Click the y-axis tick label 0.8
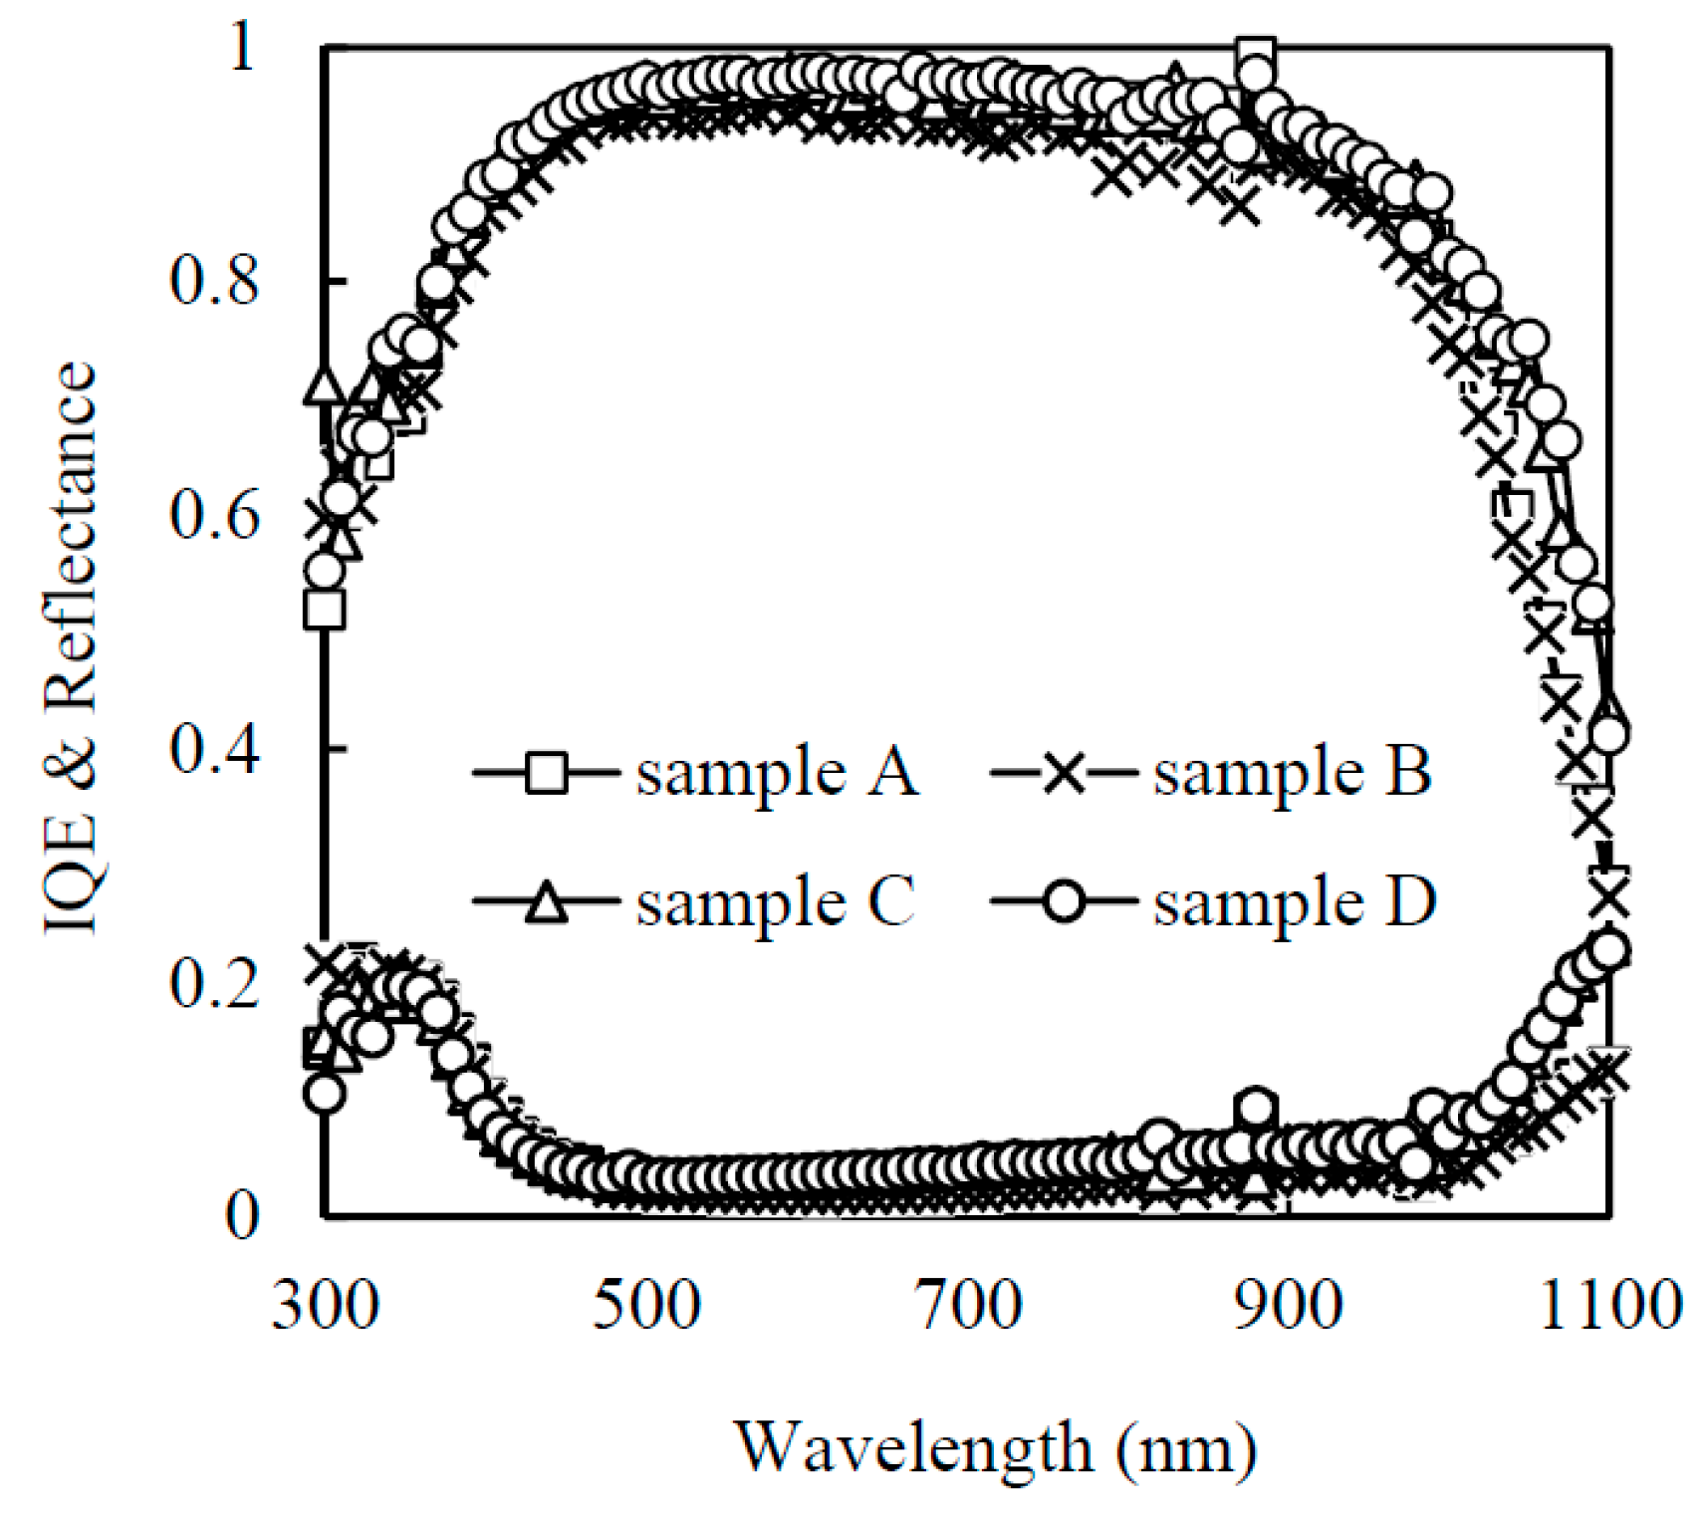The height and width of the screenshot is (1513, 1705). [x=213, y=280]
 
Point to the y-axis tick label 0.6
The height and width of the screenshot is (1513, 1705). [x=213, y=515]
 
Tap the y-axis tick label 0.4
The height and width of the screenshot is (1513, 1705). [x=213, y=749]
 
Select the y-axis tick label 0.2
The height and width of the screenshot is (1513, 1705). [x=213, y=983]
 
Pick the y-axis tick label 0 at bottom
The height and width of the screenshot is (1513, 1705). [x=241, y=1216]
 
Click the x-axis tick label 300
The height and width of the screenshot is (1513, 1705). [x=325, y=1306]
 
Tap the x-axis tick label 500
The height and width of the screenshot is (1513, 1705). [x=646, y=1306]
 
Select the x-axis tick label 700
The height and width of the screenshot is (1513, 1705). [x=968, y=1306]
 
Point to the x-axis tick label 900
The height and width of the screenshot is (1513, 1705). [x=1289, y=1306]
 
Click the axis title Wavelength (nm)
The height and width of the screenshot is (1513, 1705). [x=995, y=1448]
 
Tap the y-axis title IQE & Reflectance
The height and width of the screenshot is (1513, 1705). [x=72, y=647]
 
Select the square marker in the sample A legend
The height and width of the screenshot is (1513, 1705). [x=546, y=773]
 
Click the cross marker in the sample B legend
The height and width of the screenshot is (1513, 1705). [x=1064, y=773]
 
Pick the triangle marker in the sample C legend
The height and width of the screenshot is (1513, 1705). [x=546, y=902]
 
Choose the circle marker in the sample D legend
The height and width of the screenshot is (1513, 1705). [x=1064, y=902]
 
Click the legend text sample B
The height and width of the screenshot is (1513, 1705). [x=1292, y=773]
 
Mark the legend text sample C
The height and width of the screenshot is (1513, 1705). [x=775, y=902]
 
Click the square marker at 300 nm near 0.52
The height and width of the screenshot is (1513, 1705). [x=325, y=609]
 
